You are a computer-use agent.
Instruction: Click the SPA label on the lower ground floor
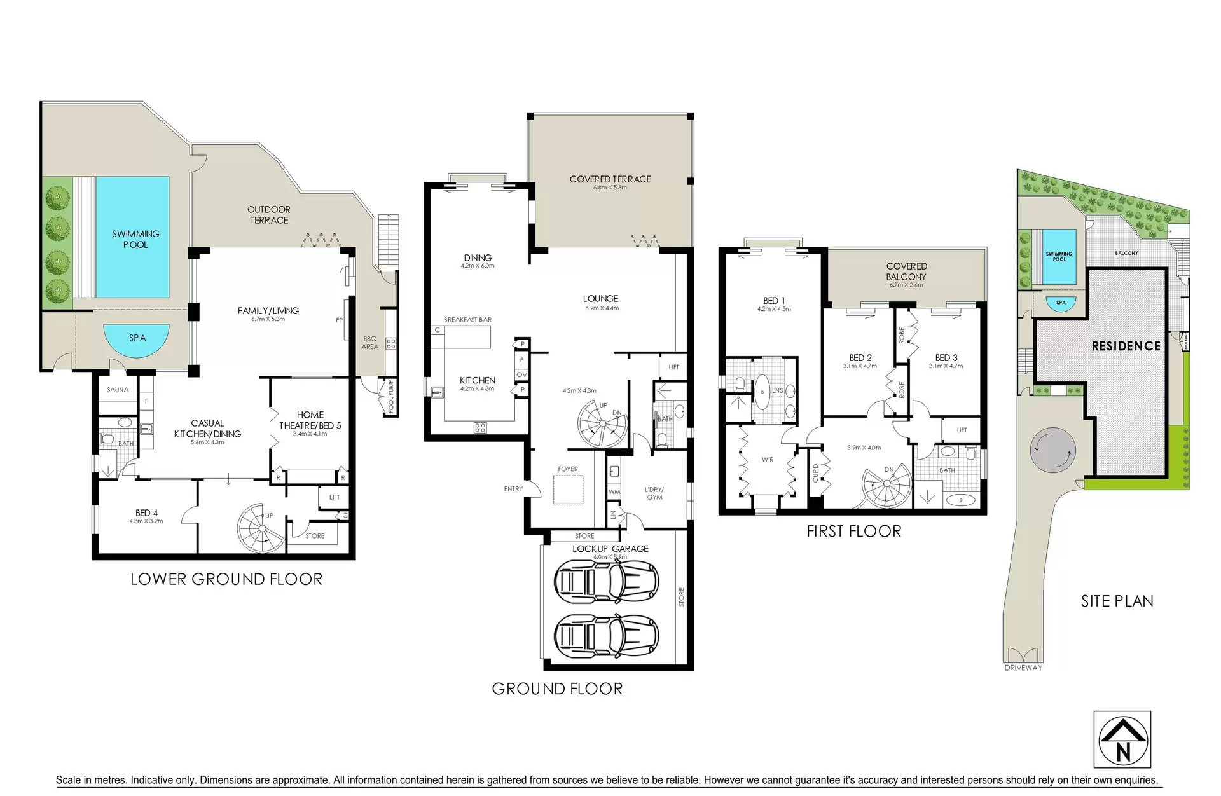click(x=137, y=338)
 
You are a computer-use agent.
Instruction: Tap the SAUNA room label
click(x=118, y=390)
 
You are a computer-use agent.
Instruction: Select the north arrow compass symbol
click(x=1122, y=739)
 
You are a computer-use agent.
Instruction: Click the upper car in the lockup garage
click(x=605, y=581)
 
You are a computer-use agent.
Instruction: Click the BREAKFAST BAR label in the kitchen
click(x=467, y=320)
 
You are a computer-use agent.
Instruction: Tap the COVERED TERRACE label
click(x=610, y=179)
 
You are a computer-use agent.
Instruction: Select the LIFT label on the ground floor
click(x=673, y=367)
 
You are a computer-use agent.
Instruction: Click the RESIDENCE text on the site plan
click(x=1126, y=346)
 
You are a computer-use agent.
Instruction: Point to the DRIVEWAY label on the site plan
click(x=1023, y=668)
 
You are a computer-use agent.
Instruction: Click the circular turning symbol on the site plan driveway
click(x=1053, y=449)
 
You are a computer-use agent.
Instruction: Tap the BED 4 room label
click(x=146, y=513)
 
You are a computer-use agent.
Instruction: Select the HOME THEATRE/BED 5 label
click(x=310, y=420)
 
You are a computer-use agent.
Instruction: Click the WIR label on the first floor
click(x=768, y=459)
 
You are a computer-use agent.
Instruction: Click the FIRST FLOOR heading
click(x=853, y=532)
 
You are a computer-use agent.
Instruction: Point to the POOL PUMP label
click(x=391, y=396)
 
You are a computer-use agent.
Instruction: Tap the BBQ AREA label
click(x=370, y=343)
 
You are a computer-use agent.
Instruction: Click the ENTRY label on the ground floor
click(x=513, y=489)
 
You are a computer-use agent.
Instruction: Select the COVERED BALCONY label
click(x=906, y=271)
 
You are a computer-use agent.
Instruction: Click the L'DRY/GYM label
click(x=654, y=493)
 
